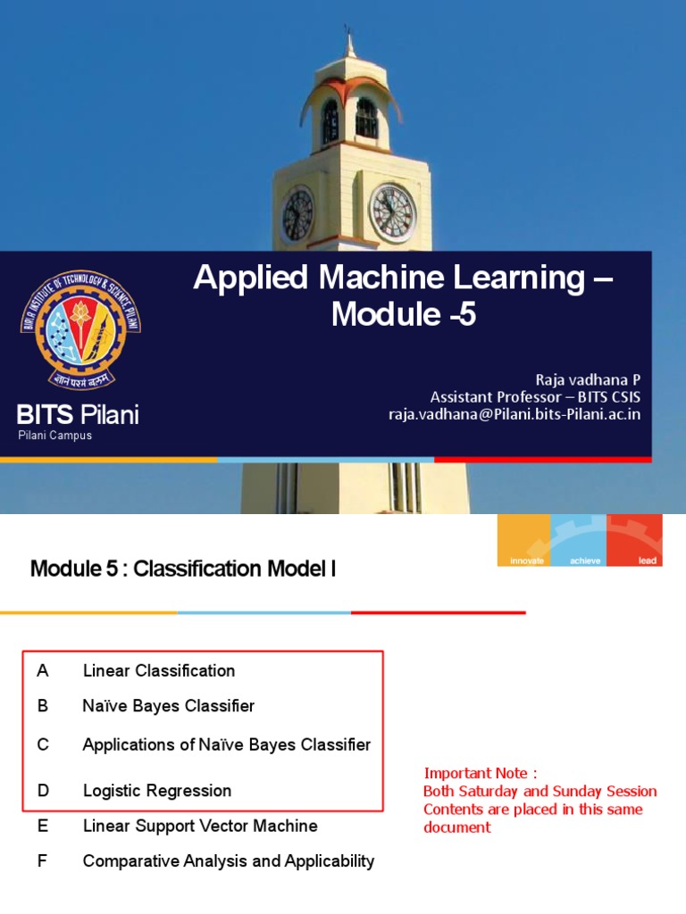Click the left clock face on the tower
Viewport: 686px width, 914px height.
tap(297, 215)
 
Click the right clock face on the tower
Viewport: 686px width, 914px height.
tap(392, 212)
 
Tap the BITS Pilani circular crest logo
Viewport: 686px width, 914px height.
tap(80, 329)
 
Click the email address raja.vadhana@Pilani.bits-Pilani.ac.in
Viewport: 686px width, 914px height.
tap(514, 414)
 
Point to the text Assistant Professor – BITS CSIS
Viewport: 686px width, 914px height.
tap(535, 396)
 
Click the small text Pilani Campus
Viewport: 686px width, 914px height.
tap(54, 436)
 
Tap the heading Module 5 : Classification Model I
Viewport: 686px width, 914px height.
tap(183, 568)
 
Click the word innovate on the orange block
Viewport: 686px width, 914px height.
tap(527, 561)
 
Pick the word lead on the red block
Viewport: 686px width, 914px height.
tap(647, 561)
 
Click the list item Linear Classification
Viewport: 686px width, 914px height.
tap(159, 670)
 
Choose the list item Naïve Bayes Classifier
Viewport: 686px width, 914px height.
tap(168, 706)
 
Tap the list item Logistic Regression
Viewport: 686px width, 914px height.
tap(156, 790)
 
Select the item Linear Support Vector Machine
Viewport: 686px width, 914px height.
tap(199, 826)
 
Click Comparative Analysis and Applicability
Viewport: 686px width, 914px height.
tap(228, 861)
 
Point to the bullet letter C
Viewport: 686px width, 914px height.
tap(42, 744)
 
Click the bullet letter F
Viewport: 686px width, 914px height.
tap(42, 861)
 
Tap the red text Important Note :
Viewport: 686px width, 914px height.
tap(481, 773)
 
